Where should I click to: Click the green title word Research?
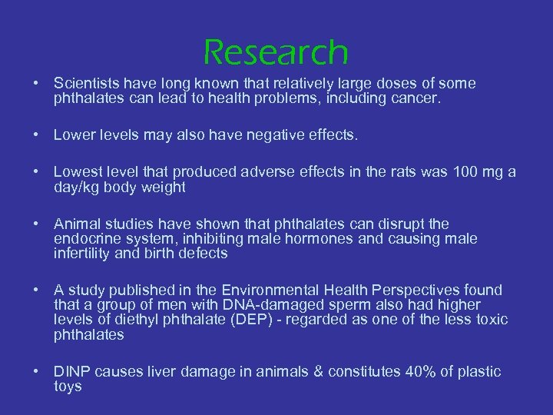pos(276,52)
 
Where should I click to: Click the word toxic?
pos(490,320)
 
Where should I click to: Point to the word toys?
pos(68,387)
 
